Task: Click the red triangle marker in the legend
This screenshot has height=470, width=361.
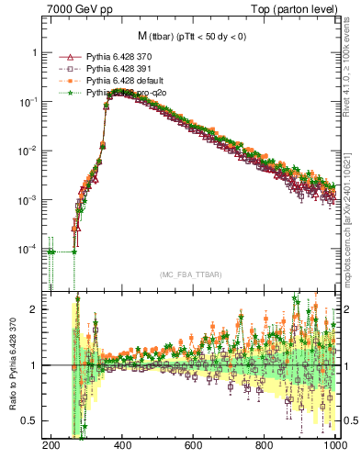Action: (x=63, y=58)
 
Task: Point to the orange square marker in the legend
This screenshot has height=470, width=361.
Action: (x=63, y=82)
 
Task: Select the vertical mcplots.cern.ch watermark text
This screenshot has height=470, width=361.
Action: (x=351, y=225)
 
